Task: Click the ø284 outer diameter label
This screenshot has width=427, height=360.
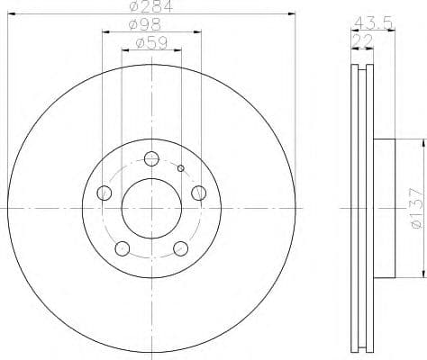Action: point(150,9)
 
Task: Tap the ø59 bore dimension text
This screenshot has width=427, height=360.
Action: point(150,42)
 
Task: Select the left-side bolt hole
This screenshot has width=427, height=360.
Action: point(104,192)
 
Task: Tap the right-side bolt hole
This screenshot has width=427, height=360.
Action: point(198,191)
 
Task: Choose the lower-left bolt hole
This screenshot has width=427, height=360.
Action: point(123,247)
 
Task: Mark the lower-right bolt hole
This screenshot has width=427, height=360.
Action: point(180,247)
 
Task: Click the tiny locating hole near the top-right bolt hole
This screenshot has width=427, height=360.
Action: point(181,168)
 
